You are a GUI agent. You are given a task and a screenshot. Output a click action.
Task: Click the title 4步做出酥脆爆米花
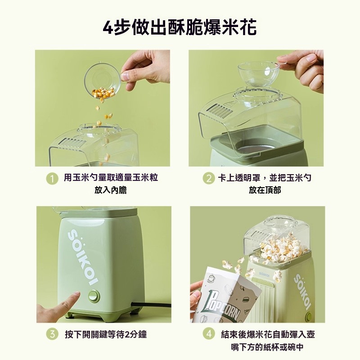[x=180, y=27]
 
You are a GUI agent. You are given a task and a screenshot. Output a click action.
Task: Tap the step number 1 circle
[x=52, y=179]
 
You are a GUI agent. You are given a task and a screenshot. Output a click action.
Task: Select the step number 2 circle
[x=208, y=178]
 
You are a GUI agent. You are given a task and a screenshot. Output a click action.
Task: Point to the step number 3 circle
[x=52, y=334]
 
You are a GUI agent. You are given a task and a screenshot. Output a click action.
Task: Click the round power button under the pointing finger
[x=94, y=295]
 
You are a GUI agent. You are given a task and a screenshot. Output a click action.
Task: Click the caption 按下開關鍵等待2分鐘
[x=106, y=334]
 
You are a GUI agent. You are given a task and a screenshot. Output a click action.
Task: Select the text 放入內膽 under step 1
[x=110, y=190]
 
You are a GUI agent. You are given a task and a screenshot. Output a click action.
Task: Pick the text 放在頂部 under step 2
[x=265, y=190]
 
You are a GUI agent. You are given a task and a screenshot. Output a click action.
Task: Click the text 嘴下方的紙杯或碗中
[x=267, y=346]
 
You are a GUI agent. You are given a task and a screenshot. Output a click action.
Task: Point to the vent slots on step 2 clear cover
[x=220, y=109]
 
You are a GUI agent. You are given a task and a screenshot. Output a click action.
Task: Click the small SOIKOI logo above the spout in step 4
[x=265, y=274]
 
